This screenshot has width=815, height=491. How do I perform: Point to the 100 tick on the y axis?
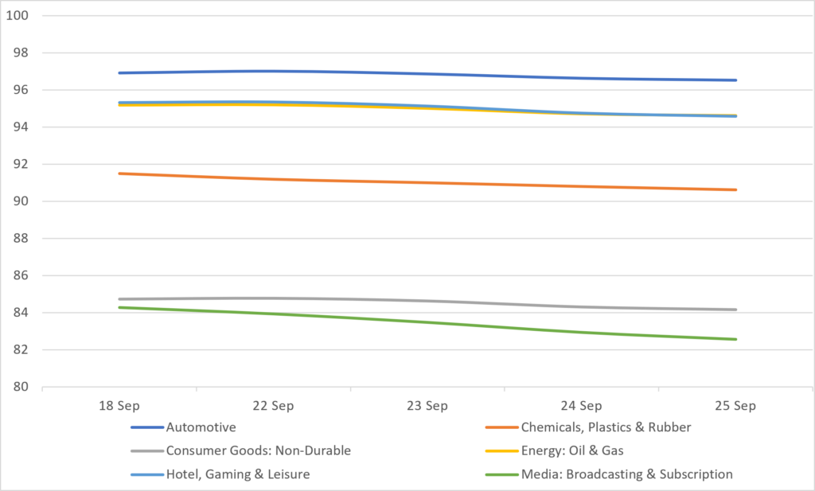18,16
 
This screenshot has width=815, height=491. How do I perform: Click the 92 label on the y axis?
21,164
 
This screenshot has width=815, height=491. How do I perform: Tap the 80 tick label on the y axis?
21,387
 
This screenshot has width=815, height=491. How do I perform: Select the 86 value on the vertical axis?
21,275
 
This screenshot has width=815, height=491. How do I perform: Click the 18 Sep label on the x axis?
119,406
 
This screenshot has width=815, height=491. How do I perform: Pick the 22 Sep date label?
274,406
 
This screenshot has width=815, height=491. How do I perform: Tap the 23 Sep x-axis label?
427,406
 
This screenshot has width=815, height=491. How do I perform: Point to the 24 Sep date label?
582,406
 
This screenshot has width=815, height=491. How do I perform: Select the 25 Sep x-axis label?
735,406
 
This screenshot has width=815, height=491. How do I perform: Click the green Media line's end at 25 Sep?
735,339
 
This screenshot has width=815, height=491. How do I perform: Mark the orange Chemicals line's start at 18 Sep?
119,173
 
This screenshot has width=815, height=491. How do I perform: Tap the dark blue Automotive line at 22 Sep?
274,71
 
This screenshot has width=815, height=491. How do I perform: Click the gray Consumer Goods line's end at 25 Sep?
735,310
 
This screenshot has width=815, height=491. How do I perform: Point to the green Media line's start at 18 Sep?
119,308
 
